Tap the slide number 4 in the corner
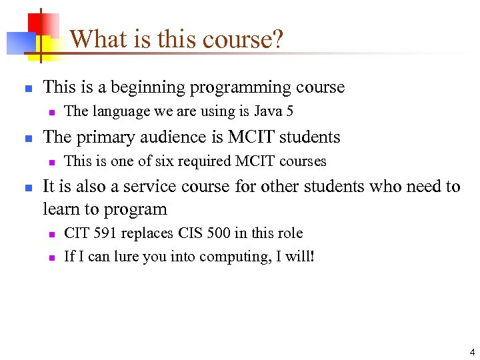[x=472, y=351]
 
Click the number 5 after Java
[x=289, y=111]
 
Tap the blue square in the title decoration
[x=17, y=43]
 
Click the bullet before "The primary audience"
[x=25, y=138]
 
